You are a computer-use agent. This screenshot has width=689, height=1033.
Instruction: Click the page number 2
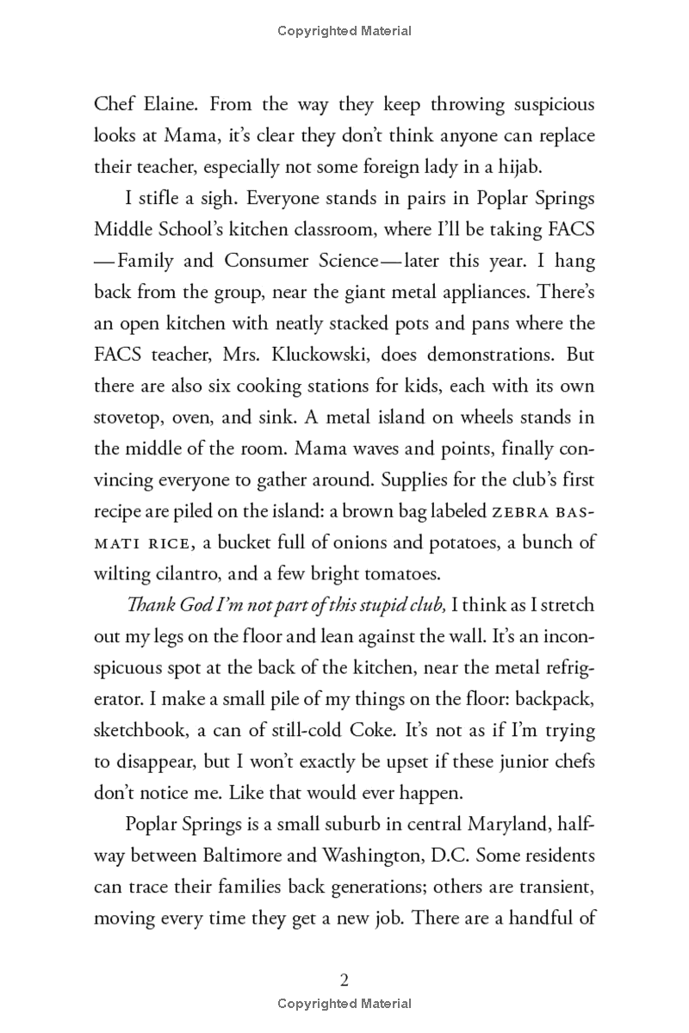[344, 980]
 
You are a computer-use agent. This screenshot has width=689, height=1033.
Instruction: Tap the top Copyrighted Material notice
[344, 31]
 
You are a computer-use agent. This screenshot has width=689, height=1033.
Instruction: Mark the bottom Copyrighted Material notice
[344, 1004]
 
